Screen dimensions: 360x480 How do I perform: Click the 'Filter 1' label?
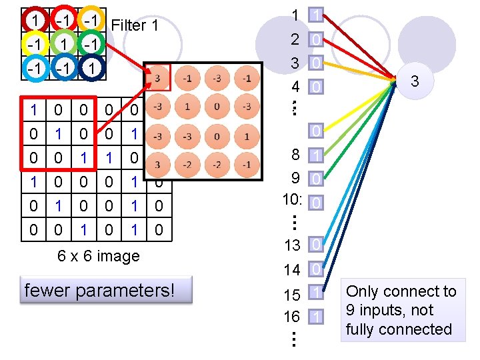pyautogui.click(x=136, y=26)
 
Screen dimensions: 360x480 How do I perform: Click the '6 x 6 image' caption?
pyautogui.click(x=99, y=256)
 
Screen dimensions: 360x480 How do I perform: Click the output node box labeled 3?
pyautogui.click(x=414, y=82)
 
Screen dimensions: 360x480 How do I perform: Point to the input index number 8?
pyautogui.click(x=295, y=155)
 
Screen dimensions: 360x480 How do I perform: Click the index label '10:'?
pyautogui.click(x=293, y=201)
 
